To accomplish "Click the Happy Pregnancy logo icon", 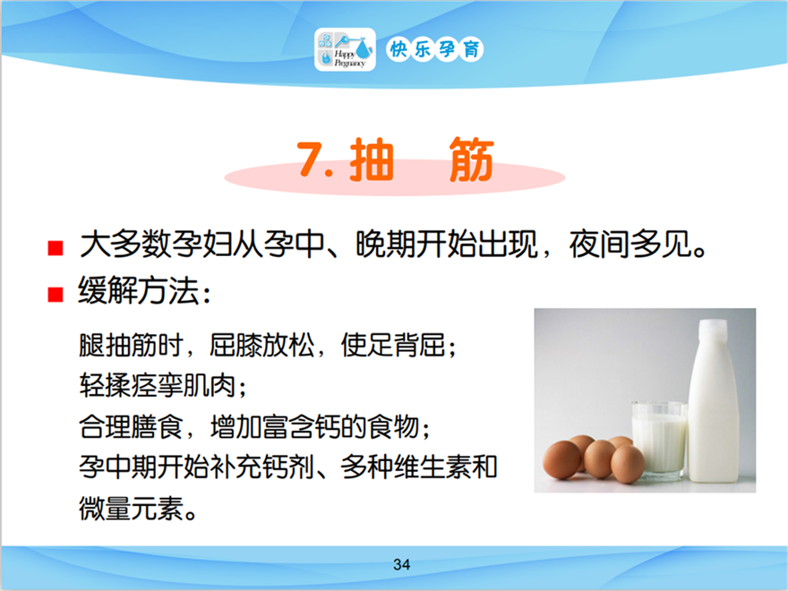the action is tap(345, 49).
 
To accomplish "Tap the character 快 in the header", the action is tap(398, 49).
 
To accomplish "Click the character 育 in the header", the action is tap(471, 49).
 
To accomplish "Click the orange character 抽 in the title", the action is tap(372, 158).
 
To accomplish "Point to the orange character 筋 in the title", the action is tap(471, 158).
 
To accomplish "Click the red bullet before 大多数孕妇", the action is tap(56, 248).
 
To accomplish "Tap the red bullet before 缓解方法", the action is tap(56, 295).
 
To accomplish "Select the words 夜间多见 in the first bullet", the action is tap(630, 244).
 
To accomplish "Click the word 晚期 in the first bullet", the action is tap(385, 244).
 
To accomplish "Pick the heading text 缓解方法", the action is tap(138, 291).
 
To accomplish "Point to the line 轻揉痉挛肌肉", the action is tap(157, 385).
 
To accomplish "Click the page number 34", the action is tap(401, 564).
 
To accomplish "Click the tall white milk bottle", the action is tap(713, 401).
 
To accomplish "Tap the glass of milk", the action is tap(659, 438).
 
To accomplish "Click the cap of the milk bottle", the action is tap(713, 328).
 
